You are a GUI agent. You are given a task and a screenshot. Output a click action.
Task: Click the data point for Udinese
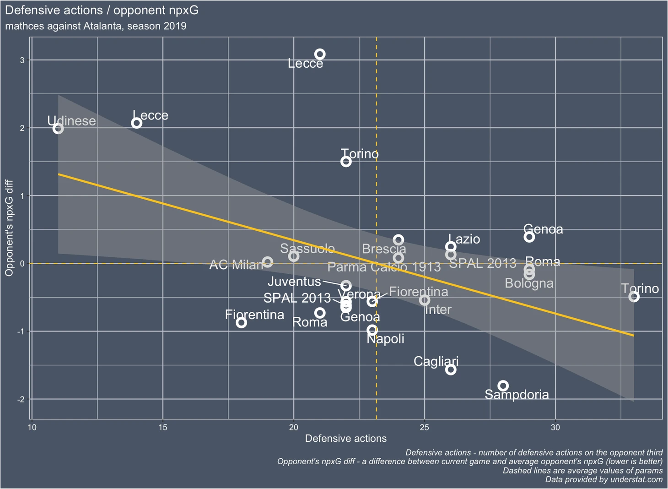[x=58, y=129]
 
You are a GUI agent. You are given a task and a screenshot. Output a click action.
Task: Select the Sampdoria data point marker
[x=503, y=386]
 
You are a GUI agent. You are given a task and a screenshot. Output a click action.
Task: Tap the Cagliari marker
[x=451, y=369]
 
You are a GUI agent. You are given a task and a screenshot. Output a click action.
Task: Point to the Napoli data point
[x=372, y=330]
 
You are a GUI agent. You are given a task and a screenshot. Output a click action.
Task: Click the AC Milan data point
[x=268, y=262]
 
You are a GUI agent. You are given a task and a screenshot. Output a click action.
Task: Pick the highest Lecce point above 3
[x=320, y=54]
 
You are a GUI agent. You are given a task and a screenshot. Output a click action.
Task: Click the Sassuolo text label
[x=307, y=249]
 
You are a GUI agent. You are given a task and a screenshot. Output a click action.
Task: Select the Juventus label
[x=294, y=281]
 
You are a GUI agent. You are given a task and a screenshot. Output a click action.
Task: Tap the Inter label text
[x=438, y=310]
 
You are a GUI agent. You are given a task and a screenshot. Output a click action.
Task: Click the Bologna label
[x=529, y=283]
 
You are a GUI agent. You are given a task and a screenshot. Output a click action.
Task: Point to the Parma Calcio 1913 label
[x=383, y=267]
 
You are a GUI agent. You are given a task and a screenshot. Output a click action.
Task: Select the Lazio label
[x=464, y=239]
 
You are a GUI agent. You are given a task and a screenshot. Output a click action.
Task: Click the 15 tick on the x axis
[x=163, y=428]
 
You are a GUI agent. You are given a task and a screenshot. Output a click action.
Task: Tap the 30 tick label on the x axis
[x=555, y=428]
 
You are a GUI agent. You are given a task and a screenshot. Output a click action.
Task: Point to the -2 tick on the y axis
[x=21, y=399]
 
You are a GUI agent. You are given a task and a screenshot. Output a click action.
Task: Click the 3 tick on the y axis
[x=22, y=60]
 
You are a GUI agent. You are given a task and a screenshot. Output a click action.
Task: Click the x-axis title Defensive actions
[x=345, y=439]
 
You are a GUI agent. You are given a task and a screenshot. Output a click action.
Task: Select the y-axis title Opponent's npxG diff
[x=9, y=228]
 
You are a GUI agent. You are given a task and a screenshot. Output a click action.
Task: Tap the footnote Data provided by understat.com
[x=603, y=479]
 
